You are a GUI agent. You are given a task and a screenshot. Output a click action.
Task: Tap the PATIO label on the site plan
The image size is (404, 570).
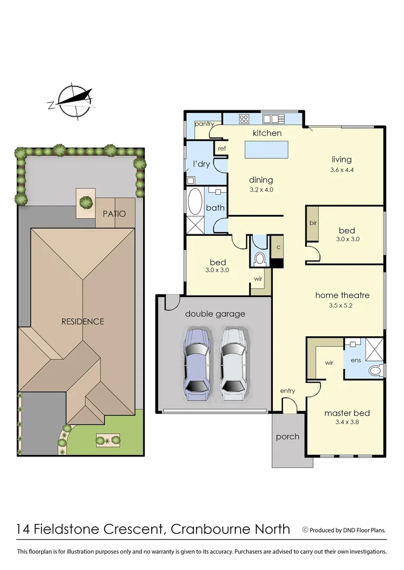pyautogui.click(x=114, y=214)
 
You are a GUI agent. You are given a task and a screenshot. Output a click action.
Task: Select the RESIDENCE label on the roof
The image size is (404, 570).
pyautogui.click(x=82, y=321)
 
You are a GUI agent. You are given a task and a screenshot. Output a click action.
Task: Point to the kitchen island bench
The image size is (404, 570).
pyautogui.click(x=267, y=149)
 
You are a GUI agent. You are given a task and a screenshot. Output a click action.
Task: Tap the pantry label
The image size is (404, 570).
pyautogui.click(x=204, y=124)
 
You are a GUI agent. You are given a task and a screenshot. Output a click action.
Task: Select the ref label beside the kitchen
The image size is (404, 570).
pyautogui.click(x=222, y=148)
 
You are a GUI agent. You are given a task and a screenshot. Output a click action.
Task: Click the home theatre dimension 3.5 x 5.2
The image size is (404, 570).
pyautogui.click(x=343, y=305)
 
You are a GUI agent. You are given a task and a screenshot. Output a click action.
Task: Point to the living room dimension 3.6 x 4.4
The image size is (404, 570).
pyautogui.click(x=342, y=170)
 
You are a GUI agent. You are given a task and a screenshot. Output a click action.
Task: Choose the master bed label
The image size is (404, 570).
pyautogui.click(x=347, y=413)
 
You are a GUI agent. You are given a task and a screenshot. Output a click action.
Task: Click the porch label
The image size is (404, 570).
pyautogui.click(x=288, y=436)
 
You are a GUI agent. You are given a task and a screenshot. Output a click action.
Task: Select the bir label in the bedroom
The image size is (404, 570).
pyautogui.click(x=313, y=223)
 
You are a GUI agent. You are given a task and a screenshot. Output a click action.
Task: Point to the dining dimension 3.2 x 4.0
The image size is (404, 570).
pyautogui.click(x=261, y=189)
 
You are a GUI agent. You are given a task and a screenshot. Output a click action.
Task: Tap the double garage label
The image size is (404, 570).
pyautogui.click(x=215, y=314)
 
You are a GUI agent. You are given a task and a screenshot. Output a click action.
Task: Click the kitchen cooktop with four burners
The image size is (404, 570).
pyautogui.click(x=244, y=119)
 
